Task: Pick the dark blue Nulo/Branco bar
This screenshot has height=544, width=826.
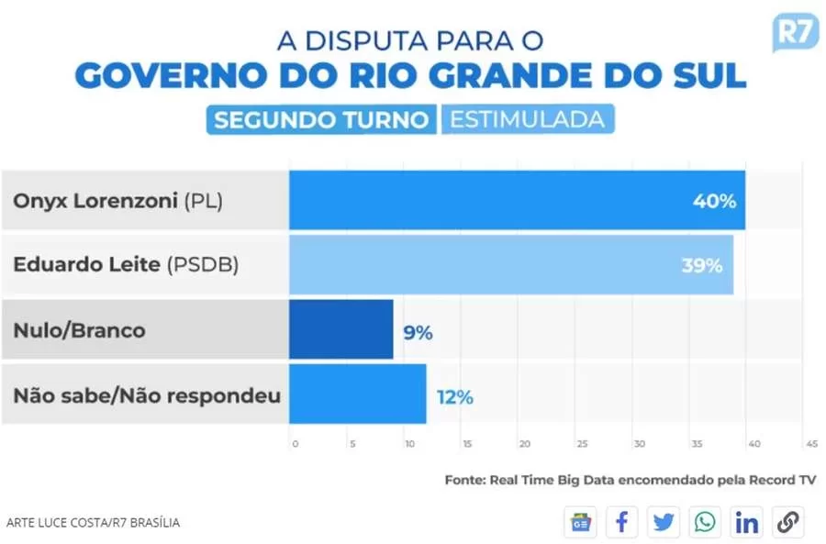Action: click(x=341, y=329)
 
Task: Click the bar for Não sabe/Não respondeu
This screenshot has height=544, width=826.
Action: click(x=358, y=394)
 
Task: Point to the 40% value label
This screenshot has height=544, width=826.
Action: click(x=714, y=201)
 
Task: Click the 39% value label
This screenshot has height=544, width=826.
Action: click(x=701, y=266)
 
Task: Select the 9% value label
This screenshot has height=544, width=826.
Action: click(x=418, y=331)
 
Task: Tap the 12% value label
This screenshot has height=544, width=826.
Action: click(x=454, y=396)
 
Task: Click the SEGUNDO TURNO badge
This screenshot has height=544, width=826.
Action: click(x=322, y=119)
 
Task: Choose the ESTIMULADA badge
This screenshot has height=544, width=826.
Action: click(x=527, y=119)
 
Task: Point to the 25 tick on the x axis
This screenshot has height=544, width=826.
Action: click(x=582, y=444)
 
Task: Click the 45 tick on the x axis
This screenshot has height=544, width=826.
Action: click(x=811, y=444)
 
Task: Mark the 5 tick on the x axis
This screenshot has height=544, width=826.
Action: click(x=352, y=444)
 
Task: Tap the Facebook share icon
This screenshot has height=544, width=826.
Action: click(x=622, y=522)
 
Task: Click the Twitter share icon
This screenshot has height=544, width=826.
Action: click(x=664, y=522)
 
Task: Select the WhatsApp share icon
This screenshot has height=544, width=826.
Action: click(x=705, y=522)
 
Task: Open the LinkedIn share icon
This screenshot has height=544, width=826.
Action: click(x=747, y=522)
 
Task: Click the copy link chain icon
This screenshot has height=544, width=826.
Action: click(x=787, y=522)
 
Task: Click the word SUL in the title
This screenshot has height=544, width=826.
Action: click(x=705, y=75)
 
